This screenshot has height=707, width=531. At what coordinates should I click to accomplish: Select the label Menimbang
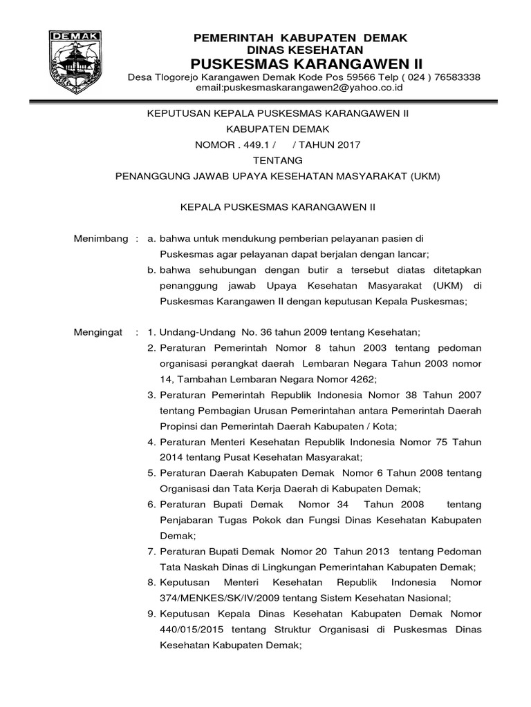pyautogui.click(x=101, y=238)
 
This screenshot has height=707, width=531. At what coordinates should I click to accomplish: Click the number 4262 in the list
pyautogui.click(x=360, y=379)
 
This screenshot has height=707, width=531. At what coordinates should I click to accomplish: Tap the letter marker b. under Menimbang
pyautogui.click(x=152, y=269)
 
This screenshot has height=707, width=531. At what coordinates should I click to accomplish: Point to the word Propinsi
pyautogui.click(x=180, y=426)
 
